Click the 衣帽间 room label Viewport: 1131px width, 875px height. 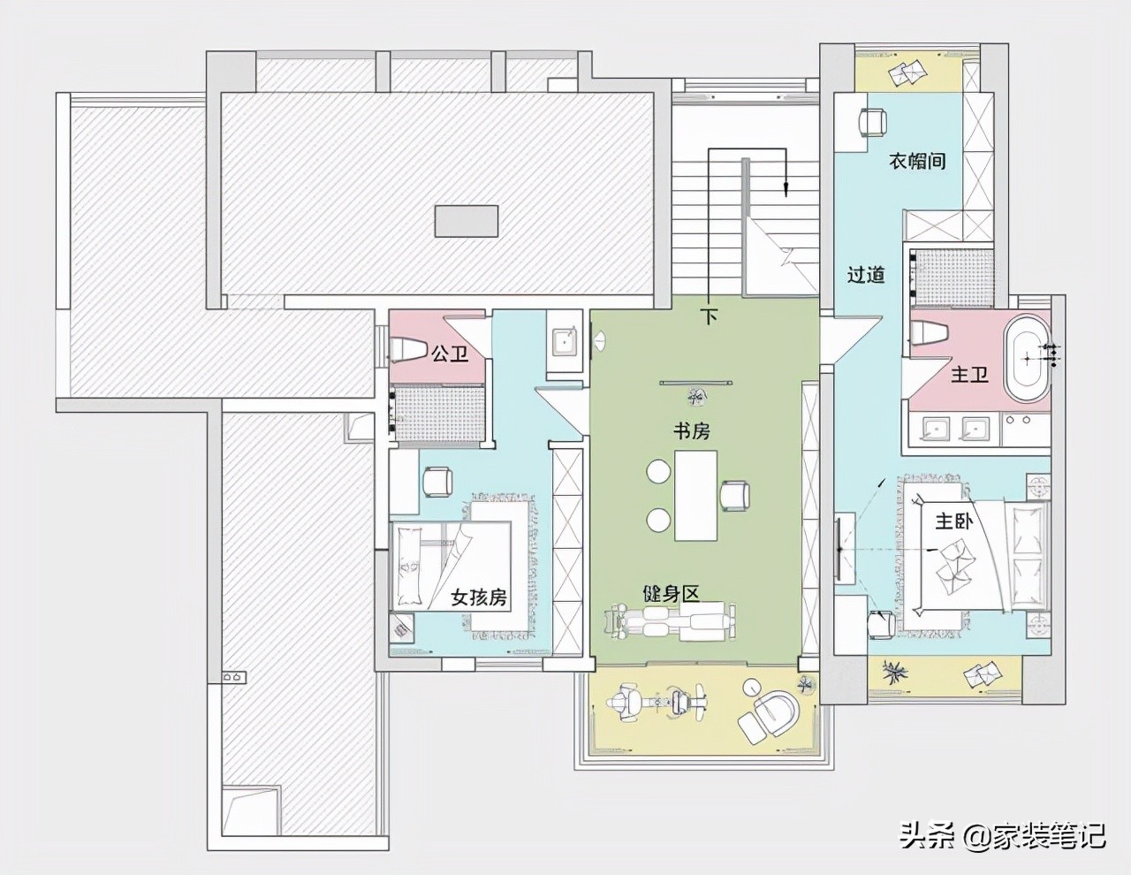click(x=916, y=161)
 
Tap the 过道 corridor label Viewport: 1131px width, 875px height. click(x=866, y=274)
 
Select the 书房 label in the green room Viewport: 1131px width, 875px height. click(x=691, y=430)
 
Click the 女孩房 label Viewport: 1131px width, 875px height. click(x=479, y=597)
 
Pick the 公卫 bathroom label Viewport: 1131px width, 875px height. click(x=450, y=354)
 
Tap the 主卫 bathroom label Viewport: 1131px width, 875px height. click(x=969, y=374)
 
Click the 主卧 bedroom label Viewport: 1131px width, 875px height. click(x=953, y=521)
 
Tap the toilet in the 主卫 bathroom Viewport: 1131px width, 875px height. click(x=929, y=331)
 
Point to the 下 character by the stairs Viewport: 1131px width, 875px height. click(x=709, y=316)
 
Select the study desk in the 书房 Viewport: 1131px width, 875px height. click(x=695, y=495)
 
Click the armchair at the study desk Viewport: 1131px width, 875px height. click(x=735, y=494)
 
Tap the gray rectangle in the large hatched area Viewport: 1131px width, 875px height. click(x=467, y=221)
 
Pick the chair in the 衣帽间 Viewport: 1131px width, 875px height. click(x=872, y=122)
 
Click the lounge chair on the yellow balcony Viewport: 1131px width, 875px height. click(x=770, y=711)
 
